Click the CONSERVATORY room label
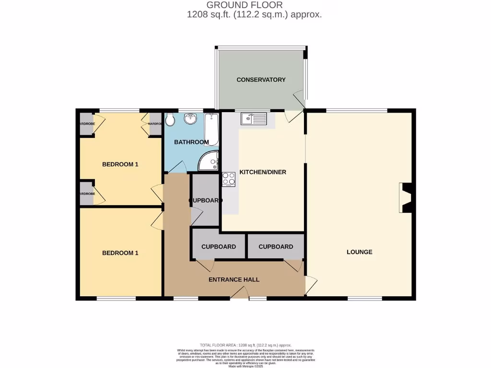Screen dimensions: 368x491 [x=261, y=80]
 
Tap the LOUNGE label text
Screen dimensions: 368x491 [x=359, y=252]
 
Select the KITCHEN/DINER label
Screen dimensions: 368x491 [x=263, y=172]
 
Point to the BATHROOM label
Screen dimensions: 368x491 [x=191, y=142]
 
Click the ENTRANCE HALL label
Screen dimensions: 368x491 [x=234, y=279]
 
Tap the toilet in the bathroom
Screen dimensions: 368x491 [x=169, y=120]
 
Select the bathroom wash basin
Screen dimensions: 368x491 [x=190, y=118]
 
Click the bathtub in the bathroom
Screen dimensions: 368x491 [x=211, y=128]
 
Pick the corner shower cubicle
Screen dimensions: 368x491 [x=210, y=162]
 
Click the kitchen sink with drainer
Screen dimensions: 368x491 [x=254, y=118]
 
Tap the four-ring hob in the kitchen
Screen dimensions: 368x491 [x=228, y=179]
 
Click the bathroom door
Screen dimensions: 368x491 [x=177, y=167]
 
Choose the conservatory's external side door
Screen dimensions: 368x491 [x=300, y=100]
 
